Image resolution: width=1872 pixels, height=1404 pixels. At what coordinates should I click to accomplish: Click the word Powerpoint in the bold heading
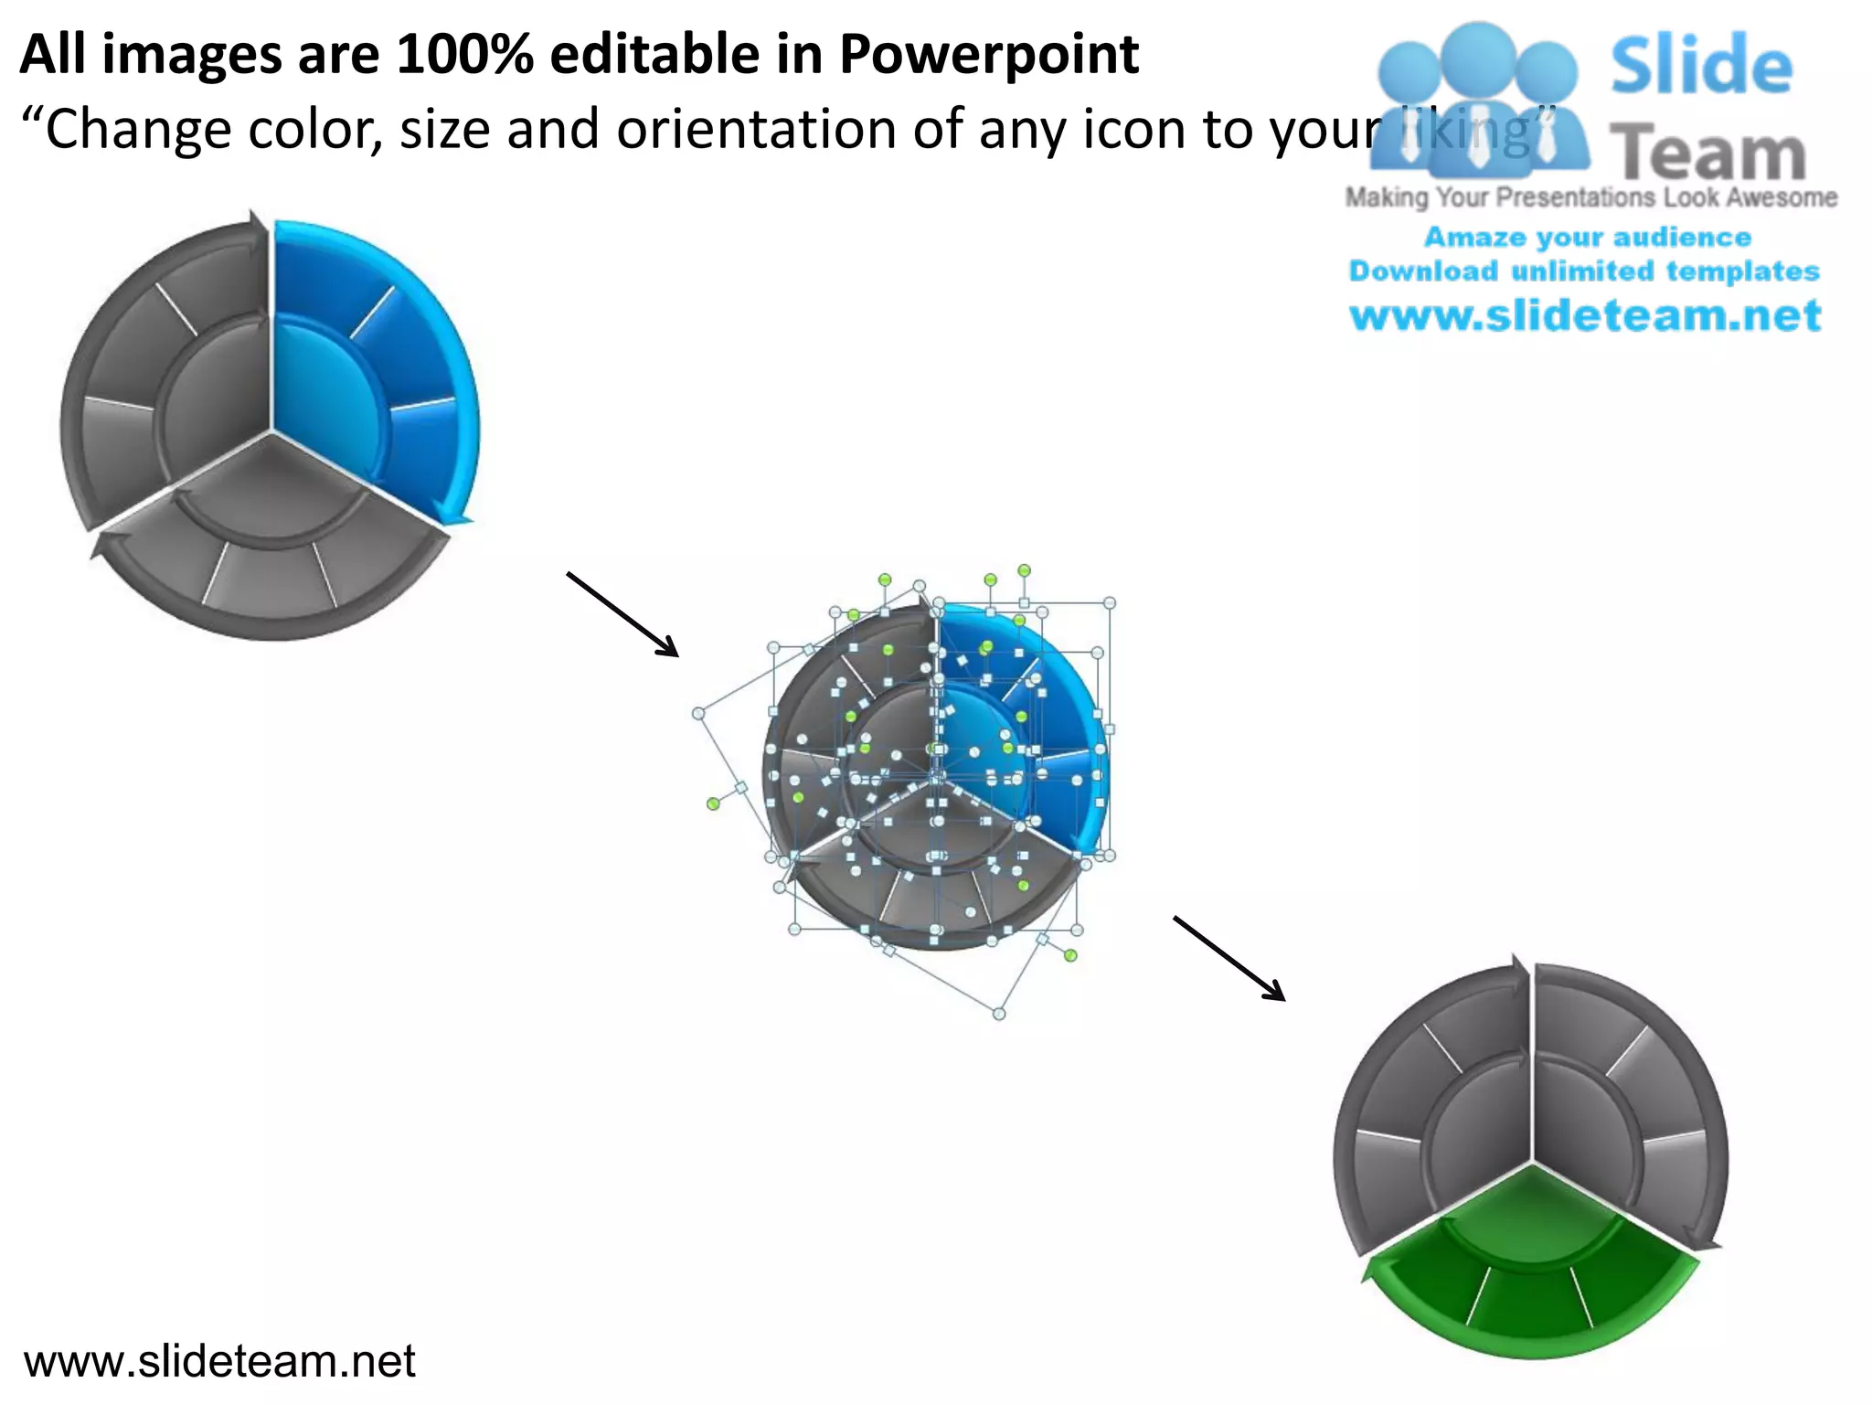[989, 55]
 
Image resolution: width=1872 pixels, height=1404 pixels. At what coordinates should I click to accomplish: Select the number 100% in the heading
[463, 55]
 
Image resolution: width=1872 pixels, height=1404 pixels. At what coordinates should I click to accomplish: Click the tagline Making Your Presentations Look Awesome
[1590, 197]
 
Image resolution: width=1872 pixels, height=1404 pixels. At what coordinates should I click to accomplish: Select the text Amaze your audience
[1588, 238]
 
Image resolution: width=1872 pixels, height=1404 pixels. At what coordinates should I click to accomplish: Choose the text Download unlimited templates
[1584, 271]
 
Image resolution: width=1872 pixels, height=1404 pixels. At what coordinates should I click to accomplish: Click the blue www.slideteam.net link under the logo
[1585, 316]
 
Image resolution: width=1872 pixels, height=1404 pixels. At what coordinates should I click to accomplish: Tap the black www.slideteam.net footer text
[219, 1361]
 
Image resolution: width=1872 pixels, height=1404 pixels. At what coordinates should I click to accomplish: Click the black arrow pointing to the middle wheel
[622, 614]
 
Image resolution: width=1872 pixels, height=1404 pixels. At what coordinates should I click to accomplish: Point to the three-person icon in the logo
[1478, 101]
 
